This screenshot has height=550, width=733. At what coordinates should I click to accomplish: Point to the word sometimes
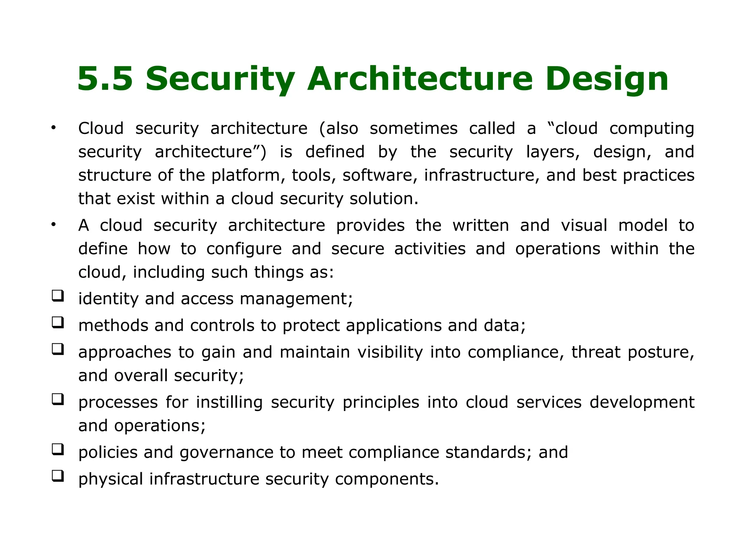coord(413,128)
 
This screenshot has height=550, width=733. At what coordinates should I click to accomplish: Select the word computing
coord(651,129)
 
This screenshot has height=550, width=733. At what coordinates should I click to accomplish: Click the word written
coord(480,226)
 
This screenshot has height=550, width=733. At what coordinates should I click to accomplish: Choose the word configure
coord(244,249)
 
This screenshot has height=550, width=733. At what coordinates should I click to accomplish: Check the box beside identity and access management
coord(58,296)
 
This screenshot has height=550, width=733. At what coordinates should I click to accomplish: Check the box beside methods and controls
coord(58,323)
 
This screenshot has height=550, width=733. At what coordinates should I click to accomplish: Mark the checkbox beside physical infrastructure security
coord(58,476)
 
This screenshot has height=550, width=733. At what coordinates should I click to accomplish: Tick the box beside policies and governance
coord(58,449)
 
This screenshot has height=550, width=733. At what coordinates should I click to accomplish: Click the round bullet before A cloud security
coord(54,225)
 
